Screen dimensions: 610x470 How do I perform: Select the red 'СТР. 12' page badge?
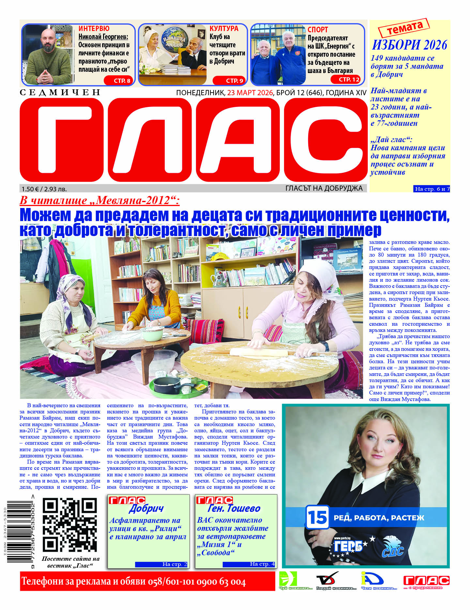click(x=346, y=79)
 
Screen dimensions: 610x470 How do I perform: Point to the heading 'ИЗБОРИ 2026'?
click(x=410, y=45)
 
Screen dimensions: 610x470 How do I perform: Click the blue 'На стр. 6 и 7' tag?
click(x=432, y=189)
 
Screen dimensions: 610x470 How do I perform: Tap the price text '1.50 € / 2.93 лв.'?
click(x=44, y=189)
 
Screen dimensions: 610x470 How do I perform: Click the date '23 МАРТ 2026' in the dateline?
click(x=250, y=93)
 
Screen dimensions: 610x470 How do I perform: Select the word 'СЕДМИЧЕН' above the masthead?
click(x=60, y=92)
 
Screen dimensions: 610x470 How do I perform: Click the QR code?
click(x=70, y=525)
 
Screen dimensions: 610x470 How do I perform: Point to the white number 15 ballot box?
click(x=317, y=517)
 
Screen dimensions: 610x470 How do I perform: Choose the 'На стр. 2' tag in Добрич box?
click(x=161, y=564)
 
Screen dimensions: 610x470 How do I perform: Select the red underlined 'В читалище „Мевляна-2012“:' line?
click(x=99, y=201)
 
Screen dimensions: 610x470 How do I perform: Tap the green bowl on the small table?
click(x=152, y=334)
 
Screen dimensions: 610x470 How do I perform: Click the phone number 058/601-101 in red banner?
click(x=174, y=582)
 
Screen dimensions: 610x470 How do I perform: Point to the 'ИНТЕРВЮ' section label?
click(x=94, y=29)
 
